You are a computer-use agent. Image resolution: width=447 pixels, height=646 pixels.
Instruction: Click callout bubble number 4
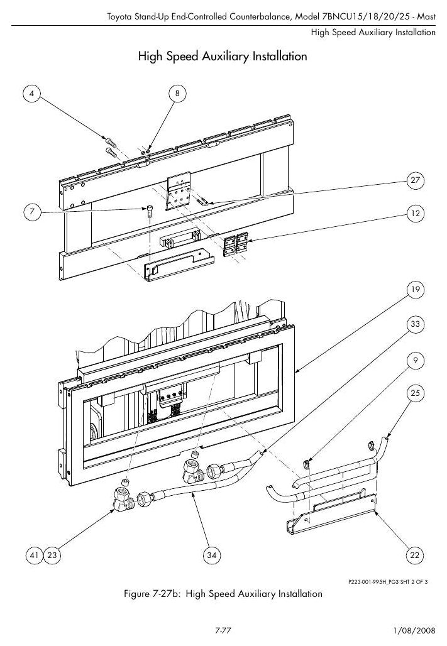pos(32,94)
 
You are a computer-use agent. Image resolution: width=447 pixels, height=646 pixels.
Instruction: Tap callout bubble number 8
pos(178,94)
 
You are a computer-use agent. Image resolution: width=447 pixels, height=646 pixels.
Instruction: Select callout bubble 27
pos(415,180)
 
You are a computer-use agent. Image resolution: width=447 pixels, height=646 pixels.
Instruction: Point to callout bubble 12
pos(415,214)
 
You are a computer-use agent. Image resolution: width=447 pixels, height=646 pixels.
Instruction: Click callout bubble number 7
pos(32,212)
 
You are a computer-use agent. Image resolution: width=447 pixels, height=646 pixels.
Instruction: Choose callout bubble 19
pos(415,290)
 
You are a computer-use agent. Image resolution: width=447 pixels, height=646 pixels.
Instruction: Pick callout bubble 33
pos(415,324)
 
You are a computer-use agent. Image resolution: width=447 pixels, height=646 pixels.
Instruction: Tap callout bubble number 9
pos(415,361)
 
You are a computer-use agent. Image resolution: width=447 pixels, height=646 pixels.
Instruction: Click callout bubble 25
pos(415,393)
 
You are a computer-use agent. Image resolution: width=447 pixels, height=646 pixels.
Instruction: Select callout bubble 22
pos(415,556)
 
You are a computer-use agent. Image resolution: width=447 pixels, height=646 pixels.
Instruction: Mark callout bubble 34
pos(211,556)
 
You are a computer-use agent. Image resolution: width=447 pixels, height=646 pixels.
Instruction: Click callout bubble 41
pos(34,556)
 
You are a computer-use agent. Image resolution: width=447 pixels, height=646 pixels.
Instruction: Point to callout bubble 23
pos(52,556)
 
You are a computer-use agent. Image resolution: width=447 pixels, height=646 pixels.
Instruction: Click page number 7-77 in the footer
pos(223,630)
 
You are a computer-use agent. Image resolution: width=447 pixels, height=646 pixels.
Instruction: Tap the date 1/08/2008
pos(414,630)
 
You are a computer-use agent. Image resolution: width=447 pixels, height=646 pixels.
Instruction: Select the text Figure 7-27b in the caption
pos(153,594)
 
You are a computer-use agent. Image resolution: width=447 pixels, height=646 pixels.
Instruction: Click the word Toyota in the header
pos(120,17)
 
